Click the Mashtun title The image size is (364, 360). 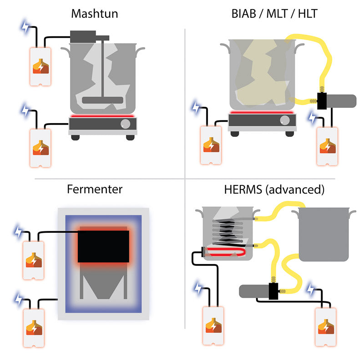95,14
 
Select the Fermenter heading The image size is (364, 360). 95,189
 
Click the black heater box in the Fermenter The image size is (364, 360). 103,246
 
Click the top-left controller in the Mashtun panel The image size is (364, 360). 40,66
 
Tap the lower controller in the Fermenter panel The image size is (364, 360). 34,328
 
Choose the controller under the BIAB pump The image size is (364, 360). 327,145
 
